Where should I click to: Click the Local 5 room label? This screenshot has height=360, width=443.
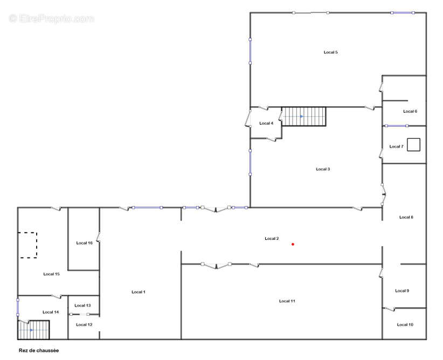click(330, 52)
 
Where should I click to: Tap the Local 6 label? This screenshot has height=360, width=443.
click(410, 112)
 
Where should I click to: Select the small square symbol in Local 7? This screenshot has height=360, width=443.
click(413, 144)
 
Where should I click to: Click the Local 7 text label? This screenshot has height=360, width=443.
click(396, 147)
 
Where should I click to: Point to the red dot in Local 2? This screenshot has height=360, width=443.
click(293, 244)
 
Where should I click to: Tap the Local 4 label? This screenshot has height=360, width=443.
click(266, 123)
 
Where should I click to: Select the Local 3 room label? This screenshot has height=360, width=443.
click(323, 169)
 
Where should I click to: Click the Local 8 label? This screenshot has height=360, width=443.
click(406, 217)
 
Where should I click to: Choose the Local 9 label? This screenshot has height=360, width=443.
click(402, 291)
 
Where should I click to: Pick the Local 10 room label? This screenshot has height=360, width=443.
click(405, 324)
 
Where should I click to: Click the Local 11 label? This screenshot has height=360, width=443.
click(287, 301)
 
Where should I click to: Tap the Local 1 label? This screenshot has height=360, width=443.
click(139, 292)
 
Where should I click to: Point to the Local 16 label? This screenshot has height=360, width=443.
click(85, 243)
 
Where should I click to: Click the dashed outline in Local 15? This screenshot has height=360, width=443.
click(27, 245)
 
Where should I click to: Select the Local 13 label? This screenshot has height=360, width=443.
click(82, 306)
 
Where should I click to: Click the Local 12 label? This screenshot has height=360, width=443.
click(84, 324)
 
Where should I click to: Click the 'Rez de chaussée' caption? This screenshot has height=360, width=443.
click(39, 350)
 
